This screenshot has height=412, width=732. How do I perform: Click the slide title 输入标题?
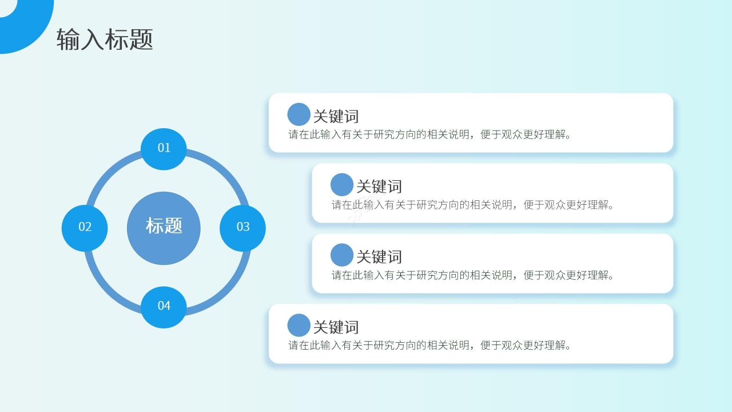coord(105,40)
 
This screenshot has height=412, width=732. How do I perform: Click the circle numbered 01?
coord(164,148)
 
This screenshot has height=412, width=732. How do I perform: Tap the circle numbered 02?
coord(85,227)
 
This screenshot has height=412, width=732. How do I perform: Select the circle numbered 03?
coord(242,227)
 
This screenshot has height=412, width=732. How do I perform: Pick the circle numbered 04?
coord(164,306)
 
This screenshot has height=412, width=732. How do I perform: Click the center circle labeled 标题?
coord(164,227)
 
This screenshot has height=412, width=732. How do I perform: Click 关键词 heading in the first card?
coord(336,116)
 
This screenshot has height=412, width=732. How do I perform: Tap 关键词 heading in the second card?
coord(379,187)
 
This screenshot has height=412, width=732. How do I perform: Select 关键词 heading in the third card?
coord(379,257)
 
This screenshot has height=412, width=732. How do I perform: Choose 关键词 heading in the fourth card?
coord(336,327)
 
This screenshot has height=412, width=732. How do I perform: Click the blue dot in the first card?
coord(299,114)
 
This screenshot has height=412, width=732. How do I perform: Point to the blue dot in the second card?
coord(342,185)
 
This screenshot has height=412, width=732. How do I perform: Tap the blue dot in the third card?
coord(342,255)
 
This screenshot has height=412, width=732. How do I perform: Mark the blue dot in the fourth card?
coord(299,326)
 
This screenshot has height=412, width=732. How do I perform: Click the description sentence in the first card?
coord(430,135)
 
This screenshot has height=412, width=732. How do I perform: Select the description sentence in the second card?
coord(473,205)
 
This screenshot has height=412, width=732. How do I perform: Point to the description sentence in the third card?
coord(473,275)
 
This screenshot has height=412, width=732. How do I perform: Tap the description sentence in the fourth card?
coord(430,346)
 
